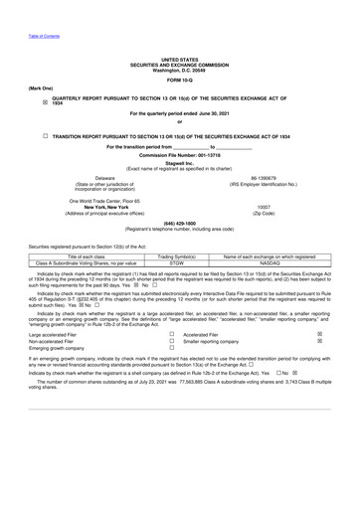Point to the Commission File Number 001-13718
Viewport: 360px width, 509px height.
click(x=180, y=156)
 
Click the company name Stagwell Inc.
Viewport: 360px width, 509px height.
click(x=180, y=165)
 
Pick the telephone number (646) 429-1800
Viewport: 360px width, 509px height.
click(x=180, y=224)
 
